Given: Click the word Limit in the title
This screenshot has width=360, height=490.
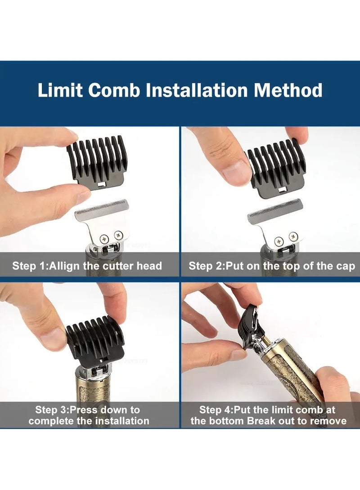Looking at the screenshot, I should click(60, 90).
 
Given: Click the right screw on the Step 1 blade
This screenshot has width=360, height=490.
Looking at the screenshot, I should click(118, 234).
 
